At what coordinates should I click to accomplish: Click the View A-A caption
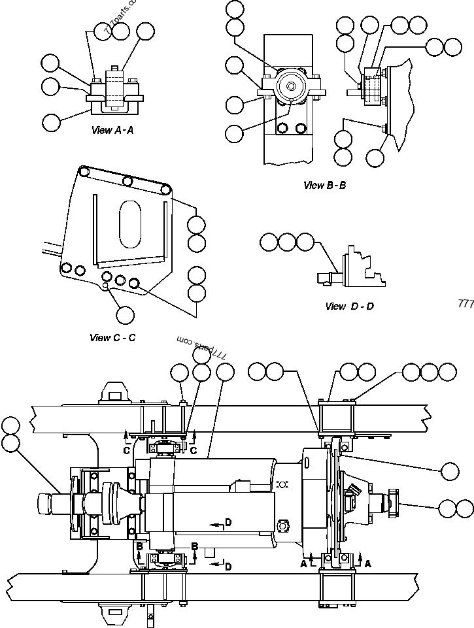[x=112, y=130]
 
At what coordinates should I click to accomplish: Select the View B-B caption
[x=324, y=185]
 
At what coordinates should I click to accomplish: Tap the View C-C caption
[x=112, y=338]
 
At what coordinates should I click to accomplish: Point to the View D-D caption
[x=349, y=306]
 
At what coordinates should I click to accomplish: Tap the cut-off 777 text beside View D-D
[x=466, y=304]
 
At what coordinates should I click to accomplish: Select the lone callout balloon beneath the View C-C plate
[x=124, y=314]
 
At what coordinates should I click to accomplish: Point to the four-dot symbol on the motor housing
[x=282, y=484]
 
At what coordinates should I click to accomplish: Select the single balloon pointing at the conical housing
[x=450, y=471]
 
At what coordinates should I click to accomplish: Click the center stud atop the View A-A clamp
[x=115, y=67]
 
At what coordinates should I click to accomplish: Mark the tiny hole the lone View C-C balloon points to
[x=106, y=286]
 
